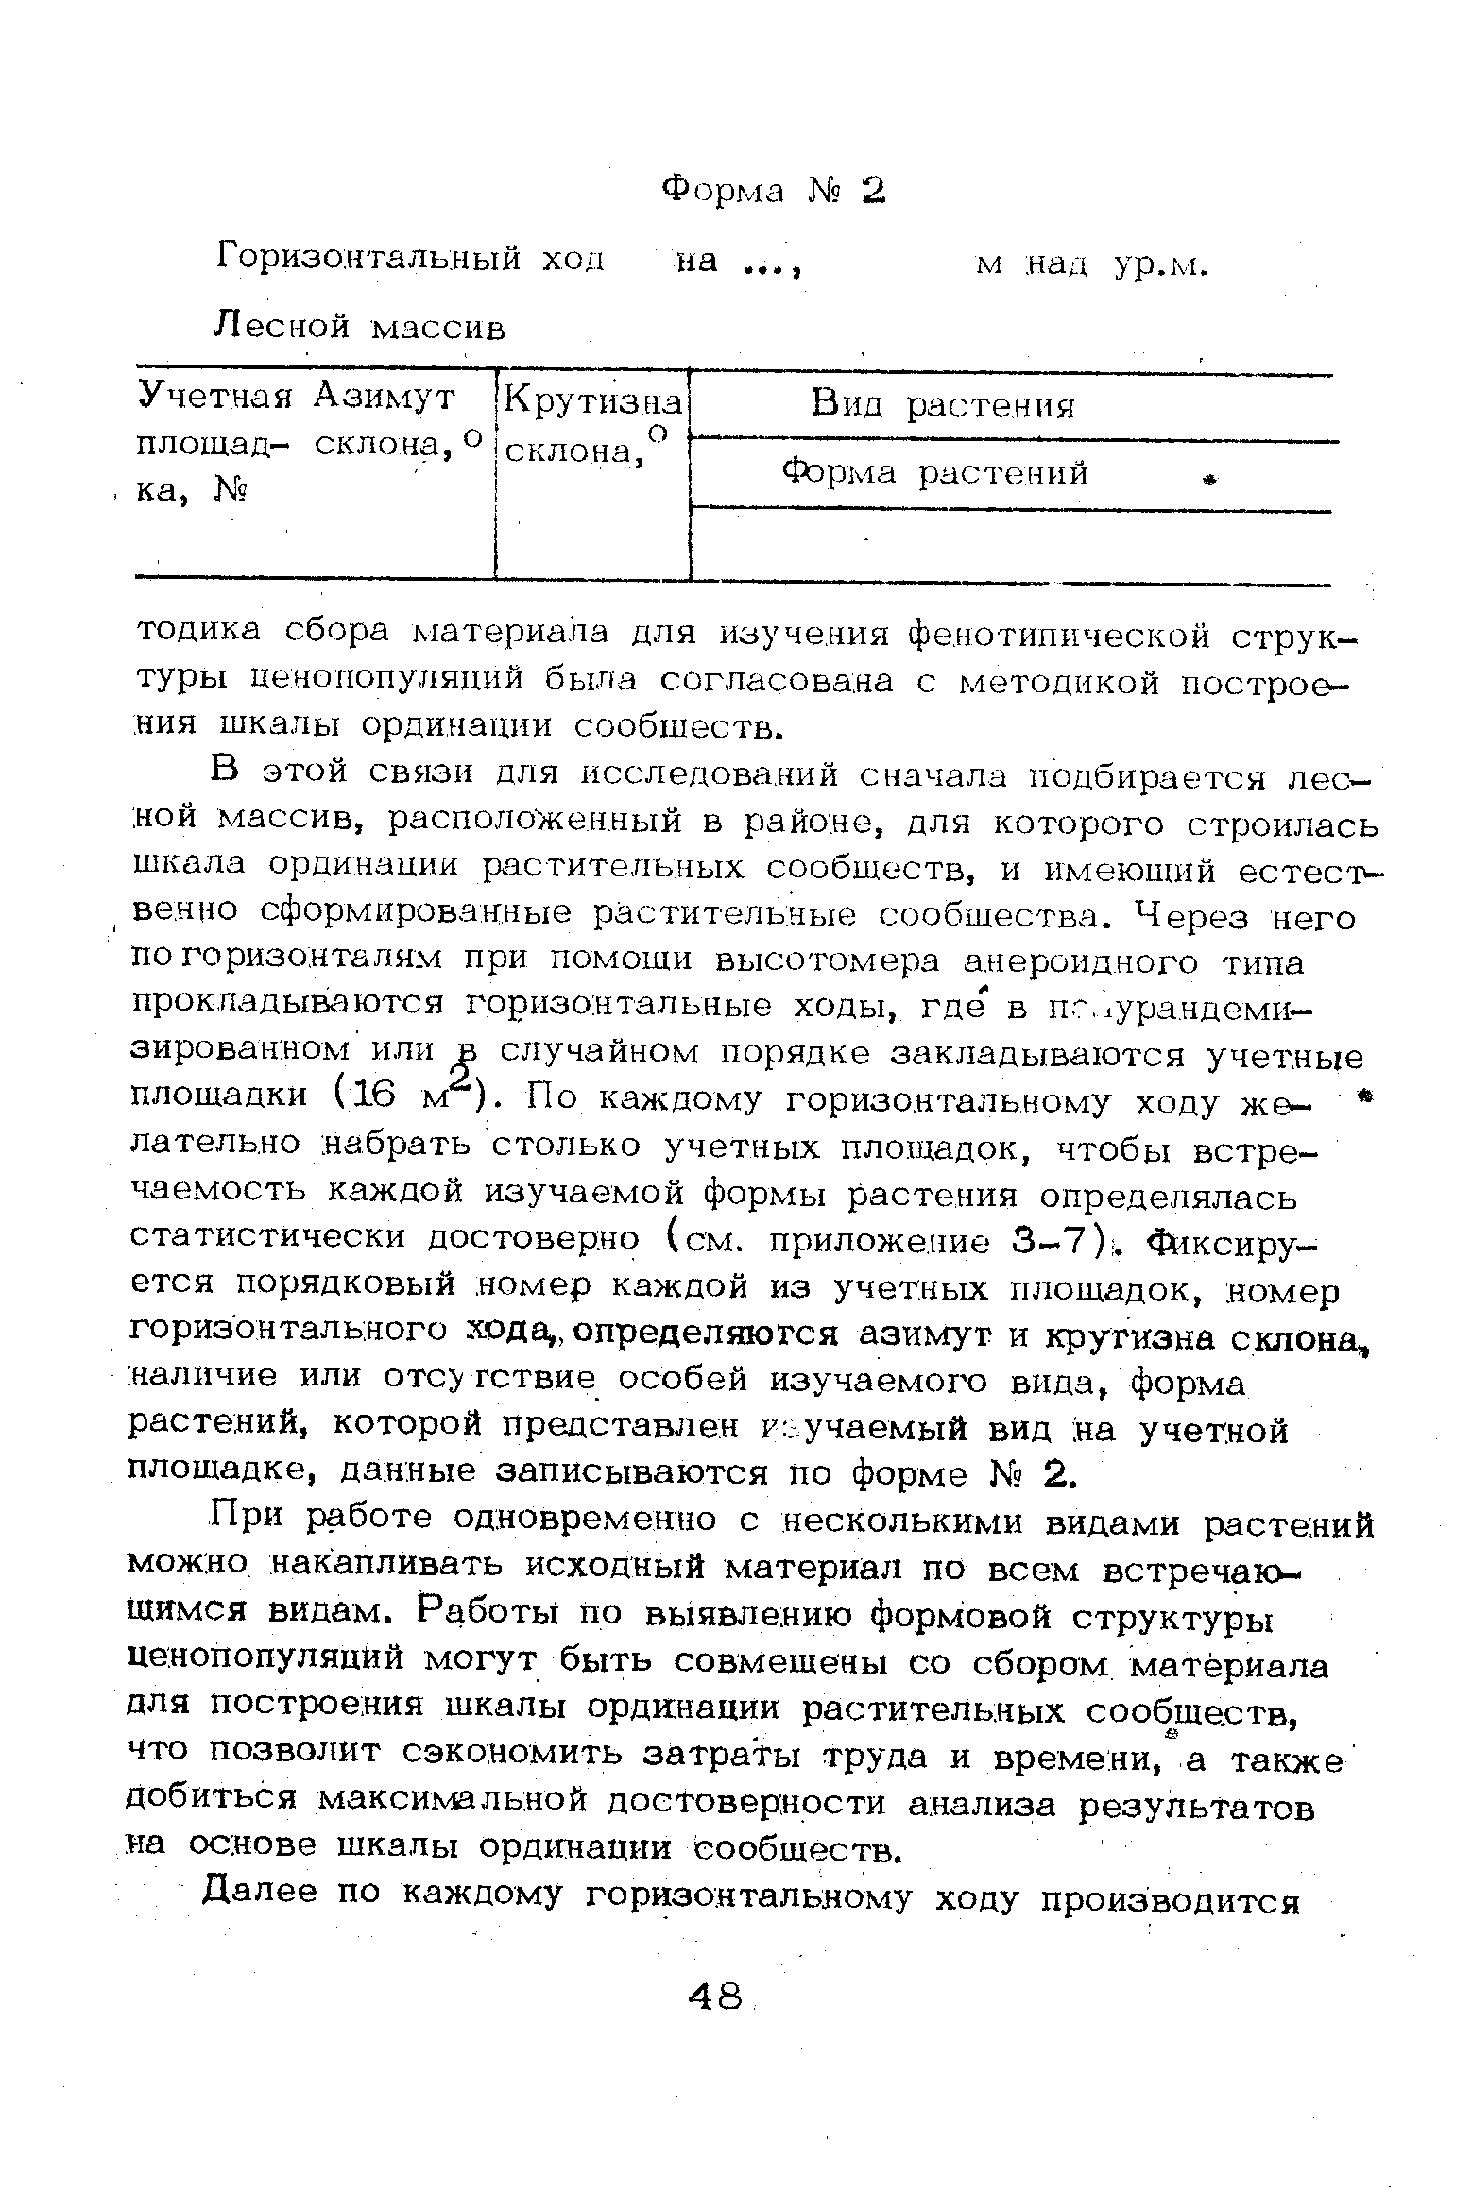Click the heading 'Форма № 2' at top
[773, 191]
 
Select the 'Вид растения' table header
[942, 406]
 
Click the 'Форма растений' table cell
[935, 472]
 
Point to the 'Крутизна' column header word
[592, 402]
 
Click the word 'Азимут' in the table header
[385, 397]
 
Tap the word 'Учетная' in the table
[216, 397]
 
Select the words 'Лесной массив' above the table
[361, 327]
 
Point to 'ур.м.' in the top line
[1161, 266]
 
